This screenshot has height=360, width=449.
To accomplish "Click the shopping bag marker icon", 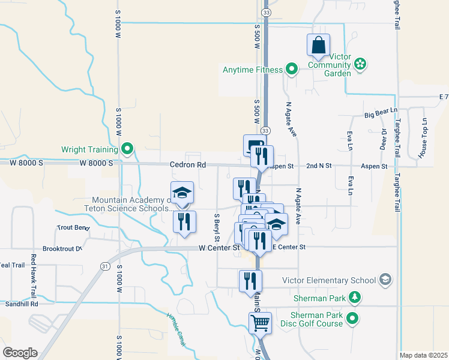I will point(318,45).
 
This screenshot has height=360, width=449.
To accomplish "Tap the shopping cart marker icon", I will point(260,323).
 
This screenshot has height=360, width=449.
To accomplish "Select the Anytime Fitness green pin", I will point(292,70).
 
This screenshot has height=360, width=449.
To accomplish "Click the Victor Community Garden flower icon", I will point(360,64).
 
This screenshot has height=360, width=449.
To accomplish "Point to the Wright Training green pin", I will point(127,149).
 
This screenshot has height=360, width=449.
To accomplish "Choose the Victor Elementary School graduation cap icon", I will point(385,280).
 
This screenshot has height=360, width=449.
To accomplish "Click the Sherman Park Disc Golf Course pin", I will point(354,318).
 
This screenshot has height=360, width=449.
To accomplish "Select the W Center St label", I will point(220,247).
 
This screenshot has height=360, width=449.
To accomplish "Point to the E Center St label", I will point(289,247).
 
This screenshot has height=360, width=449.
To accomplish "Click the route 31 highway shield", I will point(106,266).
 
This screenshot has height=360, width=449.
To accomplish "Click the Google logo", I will point(20,352).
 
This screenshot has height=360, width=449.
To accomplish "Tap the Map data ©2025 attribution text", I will point(423,355).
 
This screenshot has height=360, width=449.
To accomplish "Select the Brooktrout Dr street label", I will point(62,248).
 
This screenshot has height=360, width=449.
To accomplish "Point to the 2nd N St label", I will point(319,165).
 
